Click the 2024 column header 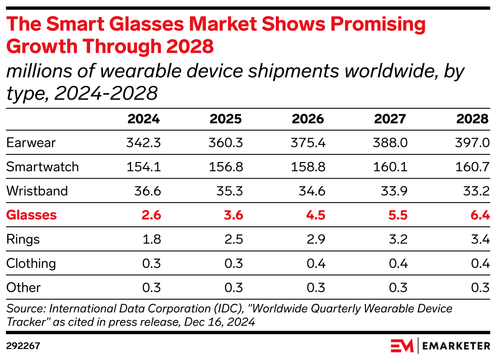coord(144,119)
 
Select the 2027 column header coord(391,119)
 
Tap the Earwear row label coord(31,143)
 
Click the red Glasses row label coord(31,215)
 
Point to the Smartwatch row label coord(43,167)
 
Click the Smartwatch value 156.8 coord(226,167)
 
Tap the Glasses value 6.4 coord(479,215)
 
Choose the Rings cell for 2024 coord(151,239)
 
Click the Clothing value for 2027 coord(397,264)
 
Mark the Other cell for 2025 coord(233,288)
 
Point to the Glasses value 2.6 coord(151,215)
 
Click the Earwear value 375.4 coord(308,143)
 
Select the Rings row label coord(23,239)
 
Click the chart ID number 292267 coord(23,346)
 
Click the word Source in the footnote coord(24,308)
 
